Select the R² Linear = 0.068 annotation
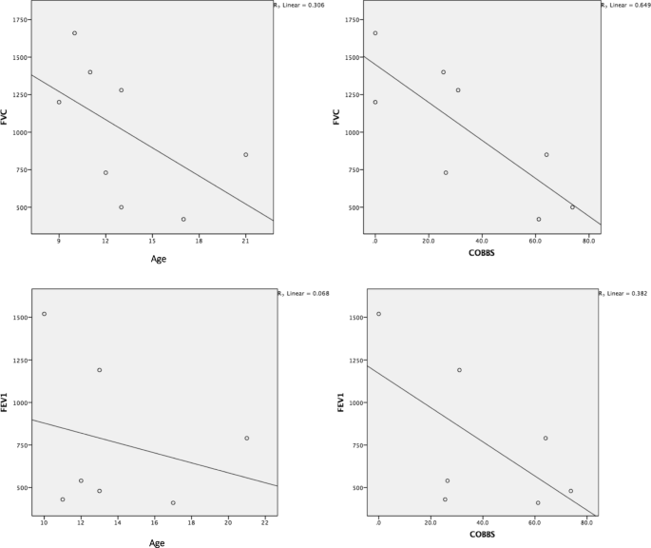(301, 294)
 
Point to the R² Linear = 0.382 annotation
(622, 294)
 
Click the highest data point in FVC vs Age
(74, 33)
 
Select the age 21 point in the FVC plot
(245, 154)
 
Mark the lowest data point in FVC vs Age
(183, 219)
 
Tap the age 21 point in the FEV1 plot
(246, 439)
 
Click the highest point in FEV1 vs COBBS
(378, 314)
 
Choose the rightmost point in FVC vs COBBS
(572, 207)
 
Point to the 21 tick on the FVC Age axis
(245, 241)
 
